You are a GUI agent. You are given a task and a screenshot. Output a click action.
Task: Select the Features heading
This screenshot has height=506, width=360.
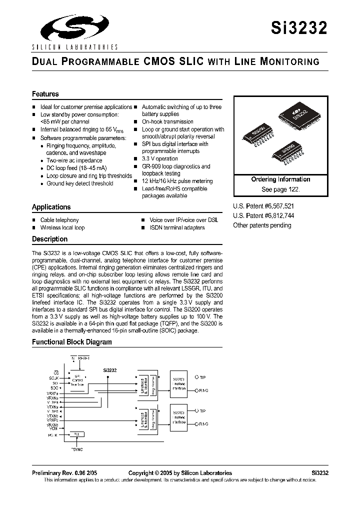(45, 94)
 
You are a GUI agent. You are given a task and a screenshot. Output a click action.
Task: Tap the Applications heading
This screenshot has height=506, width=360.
(51, 207)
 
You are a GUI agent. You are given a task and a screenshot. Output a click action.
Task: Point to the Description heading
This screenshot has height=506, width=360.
(49, 239)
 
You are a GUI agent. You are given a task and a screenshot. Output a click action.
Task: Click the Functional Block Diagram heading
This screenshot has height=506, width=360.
(71, 342)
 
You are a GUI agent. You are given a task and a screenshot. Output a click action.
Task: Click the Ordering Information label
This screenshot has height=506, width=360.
(280, 179)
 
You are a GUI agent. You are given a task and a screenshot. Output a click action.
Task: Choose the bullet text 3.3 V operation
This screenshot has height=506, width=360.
(159, 158)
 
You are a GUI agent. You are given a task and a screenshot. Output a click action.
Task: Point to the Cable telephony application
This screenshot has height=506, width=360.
(59, 220)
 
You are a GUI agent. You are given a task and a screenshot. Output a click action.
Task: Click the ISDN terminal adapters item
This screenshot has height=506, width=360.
(177, 227)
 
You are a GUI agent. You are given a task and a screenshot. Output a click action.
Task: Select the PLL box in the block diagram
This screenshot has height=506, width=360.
(76, 434)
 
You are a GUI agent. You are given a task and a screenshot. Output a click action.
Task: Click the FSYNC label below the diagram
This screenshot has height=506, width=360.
(76, 449)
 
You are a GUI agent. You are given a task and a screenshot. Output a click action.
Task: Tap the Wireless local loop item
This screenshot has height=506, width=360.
(62, 227)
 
